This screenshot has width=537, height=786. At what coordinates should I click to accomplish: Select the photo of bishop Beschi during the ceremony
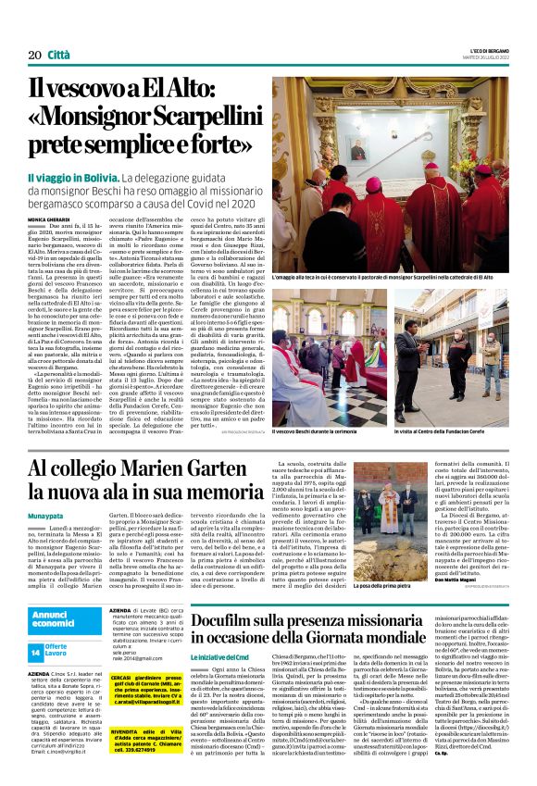tap(328, 356)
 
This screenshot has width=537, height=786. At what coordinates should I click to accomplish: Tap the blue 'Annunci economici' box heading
tap(56, 620)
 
